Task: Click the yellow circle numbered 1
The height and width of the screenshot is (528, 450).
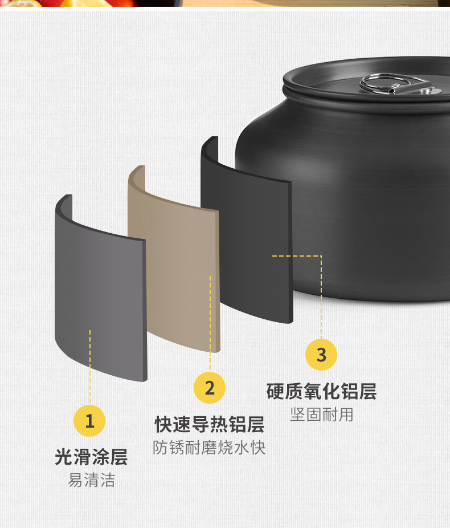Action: (89, 421)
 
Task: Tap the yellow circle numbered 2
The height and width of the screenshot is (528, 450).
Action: (210, 388)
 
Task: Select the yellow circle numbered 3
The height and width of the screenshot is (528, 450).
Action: (321, 355)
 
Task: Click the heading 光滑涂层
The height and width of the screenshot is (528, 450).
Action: (91, 457)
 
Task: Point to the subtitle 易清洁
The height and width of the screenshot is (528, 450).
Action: (92, 480)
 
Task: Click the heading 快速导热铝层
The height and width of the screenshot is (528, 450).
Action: (210, 424)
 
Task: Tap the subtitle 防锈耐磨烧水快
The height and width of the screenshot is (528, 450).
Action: (209, 448)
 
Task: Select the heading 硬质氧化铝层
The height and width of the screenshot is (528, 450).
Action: (321, 391)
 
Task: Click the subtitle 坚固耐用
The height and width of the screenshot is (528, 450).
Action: (321, 415)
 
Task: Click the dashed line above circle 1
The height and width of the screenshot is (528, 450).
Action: (90, 367)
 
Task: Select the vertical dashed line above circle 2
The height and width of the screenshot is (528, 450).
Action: (210, 323)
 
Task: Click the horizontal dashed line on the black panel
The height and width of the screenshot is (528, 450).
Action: (297, 256)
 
